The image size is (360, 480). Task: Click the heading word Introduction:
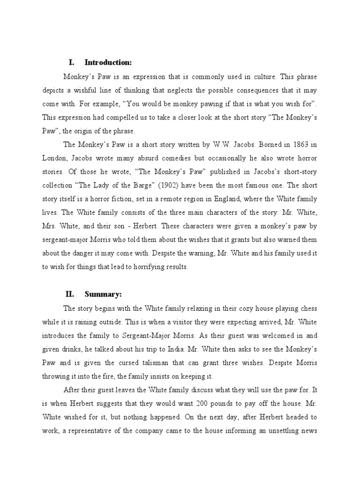(x=108, y=63)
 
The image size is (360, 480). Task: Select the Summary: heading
(x=103, y=294)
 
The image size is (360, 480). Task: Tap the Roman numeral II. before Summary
(x=70, y=294)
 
